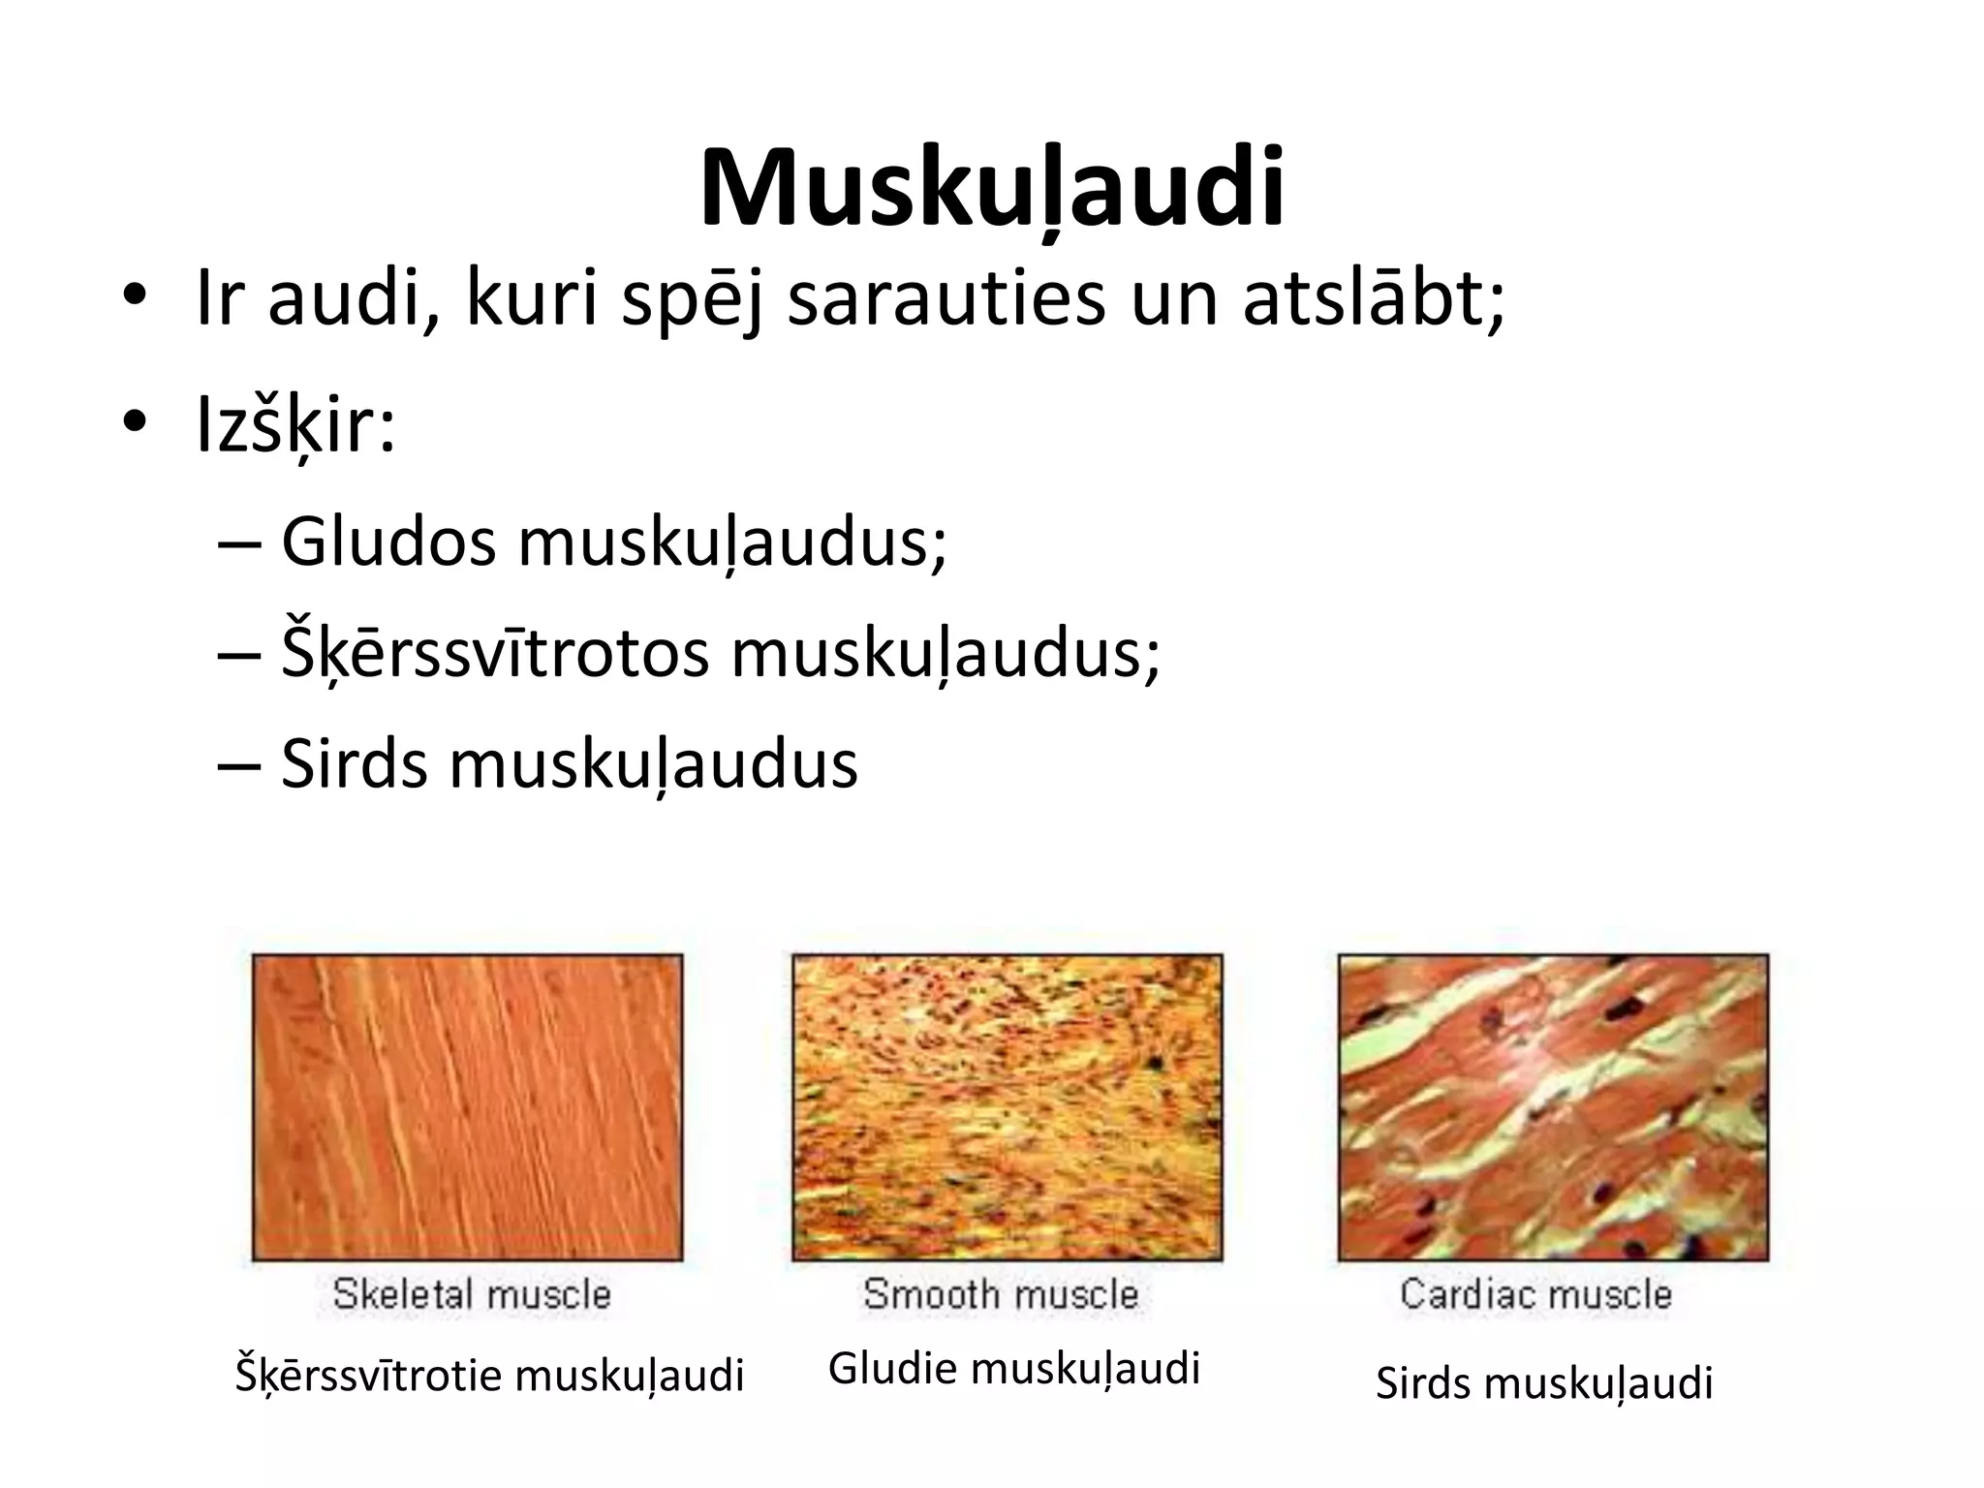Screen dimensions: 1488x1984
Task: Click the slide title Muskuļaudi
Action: pyautogui.click(x=991, y=188)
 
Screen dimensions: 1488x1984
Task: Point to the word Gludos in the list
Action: pyautogui.click(x=388, y=542)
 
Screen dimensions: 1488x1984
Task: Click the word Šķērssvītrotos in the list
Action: pyautogui.click(x=495, y=653)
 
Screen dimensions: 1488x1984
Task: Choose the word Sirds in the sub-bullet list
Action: pyautogui.click(x=354, y=764)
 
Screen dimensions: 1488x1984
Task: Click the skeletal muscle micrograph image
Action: pyautogui.click(x=467, y=1107)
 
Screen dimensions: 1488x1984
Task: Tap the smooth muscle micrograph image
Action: pyautogui.click(x=1007, y=1107)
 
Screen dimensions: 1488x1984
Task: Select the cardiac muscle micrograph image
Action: pyautogui.click(x=1553, y=1107)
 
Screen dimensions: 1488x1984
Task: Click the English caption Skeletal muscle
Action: pyautogui.click(x=472, y=1294)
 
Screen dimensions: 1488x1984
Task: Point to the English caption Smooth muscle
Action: pyautogui.click(x=1001, y=1294)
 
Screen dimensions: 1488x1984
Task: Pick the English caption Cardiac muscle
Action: pyautogui.click(x=1536, y=1294)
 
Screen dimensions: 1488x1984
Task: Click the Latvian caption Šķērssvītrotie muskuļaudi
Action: pyautogui.click(x=489, y=1376)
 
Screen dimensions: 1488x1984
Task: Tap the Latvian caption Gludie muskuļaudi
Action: pyautogui.click(x=1014, y=1368)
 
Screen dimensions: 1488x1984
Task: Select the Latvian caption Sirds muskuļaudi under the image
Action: pyautogui.click(x=1544, y=1382)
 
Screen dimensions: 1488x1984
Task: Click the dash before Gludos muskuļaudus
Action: pyautogui.click(x=238, y=544)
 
